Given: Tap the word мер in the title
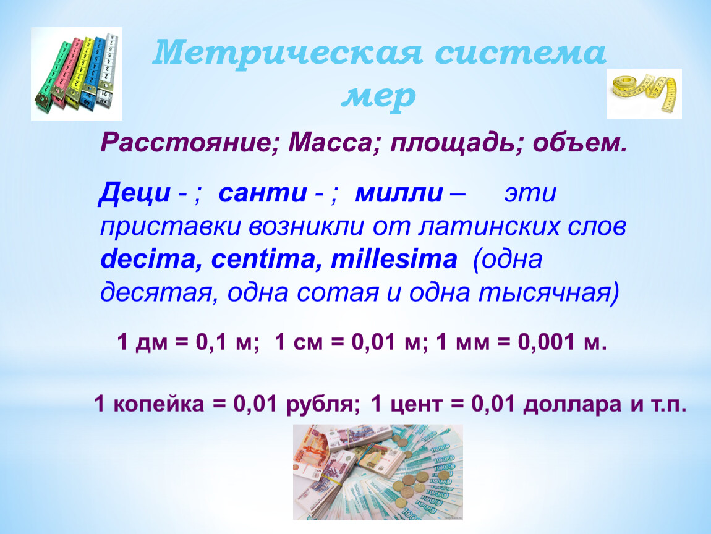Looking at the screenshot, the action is pyautogui.click(x=378, y=96).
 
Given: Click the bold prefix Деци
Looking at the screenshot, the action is pyautogui.click(x=135, y=193).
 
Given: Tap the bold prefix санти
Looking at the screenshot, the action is pyautogui.click(x=263, y=193).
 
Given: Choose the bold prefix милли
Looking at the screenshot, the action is pyautogui.click(x=399, y=193).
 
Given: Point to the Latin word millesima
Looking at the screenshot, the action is pyautogui.click(x=394, y=259).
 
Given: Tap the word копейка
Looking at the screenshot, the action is pyautogui.click(x=158, y=404).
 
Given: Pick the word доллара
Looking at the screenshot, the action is pyautogui.click(x=572, y=404).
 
